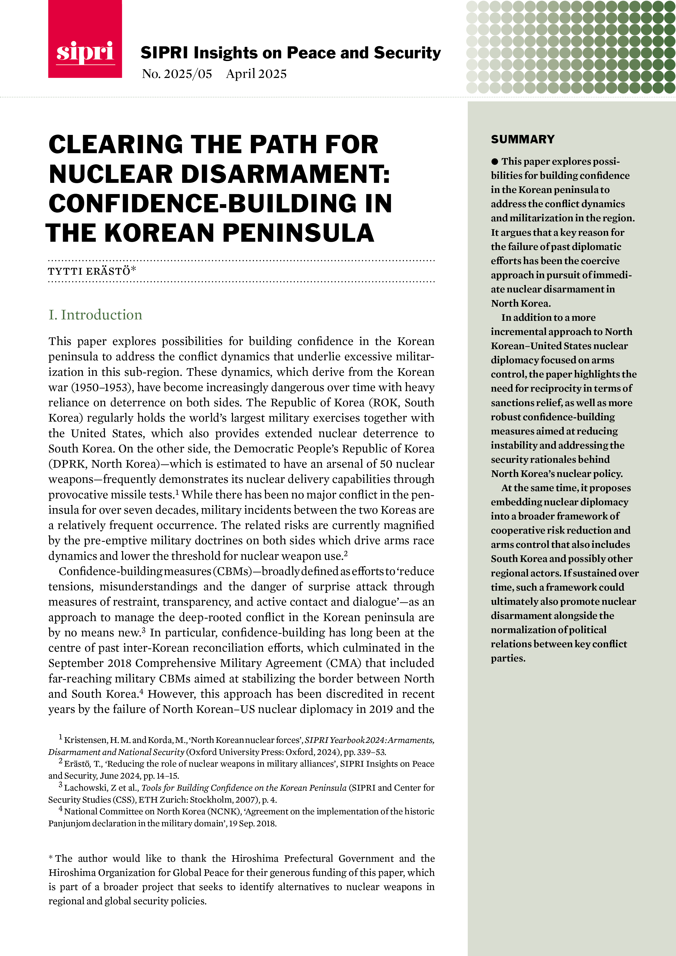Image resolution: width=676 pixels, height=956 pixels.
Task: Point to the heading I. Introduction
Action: coord(95,314)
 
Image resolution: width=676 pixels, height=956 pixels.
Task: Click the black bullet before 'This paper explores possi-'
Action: coord(494,162)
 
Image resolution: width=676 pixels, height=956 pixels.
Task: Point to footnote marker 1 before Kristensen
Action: coord(61,738)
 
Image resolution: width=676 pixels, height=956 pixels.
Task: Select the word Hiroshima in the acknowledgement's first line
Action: coord(255,858)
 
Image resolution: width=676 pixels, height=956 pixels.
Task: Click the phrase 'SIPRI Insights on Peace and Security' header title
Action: coord(290,53)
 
